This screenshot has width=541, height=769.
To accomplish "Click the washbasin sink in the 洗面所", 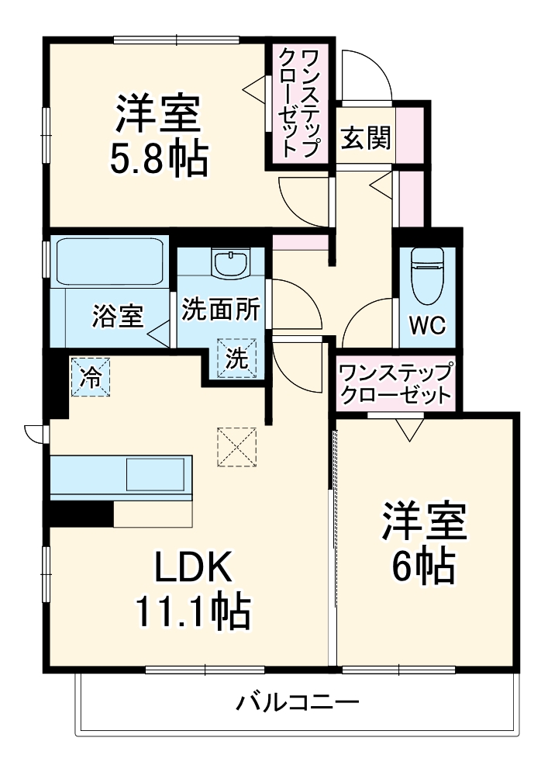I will click(x=230, y=264).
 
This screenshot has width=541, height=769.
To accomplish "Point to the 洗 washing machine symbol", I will click(x=239, y=359).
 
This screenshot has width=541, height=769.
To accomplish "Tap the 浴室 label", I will click(x=118, y=315).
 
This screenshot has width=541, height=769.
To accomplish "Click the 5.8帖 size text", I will click(x=159, y=159).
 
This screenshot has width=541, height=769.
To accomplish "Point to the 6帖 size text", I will click(x=422, y=567).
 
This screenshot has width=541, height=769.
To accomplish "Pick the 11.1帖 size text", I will click(x=193, y=612).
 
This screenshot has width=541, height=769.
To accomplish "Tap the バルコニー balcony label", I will click(x=298, y=705).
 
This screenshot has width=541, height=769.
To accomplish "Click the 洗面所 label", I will click(x=221, y=309).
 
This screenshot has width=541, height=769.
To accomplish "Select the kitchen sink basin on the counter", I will click(x=156, y=474).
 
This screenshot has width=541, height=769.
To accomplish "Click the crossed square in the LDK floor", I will click(x=236, y=448).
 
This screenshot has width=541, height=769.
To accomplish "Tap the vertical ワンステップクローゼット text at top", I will click(x=298, y=102).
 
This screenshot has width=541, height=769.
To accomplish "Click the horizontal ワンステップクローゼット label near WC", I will click(x=395, y=382).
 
